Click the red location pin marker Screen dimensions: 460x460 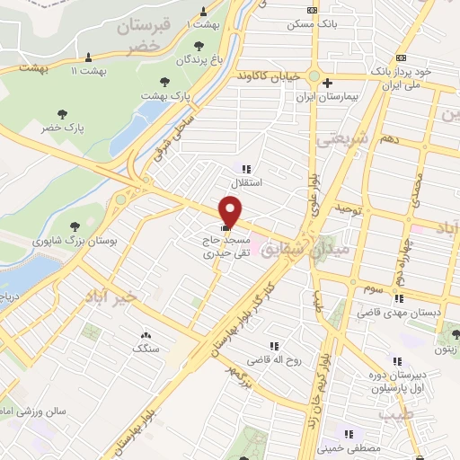232,210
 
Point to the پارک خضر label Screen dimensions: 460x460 62,128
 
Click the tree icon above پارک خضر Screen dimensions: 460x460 62,113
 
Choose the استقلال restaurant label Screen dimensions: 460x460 247,182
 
